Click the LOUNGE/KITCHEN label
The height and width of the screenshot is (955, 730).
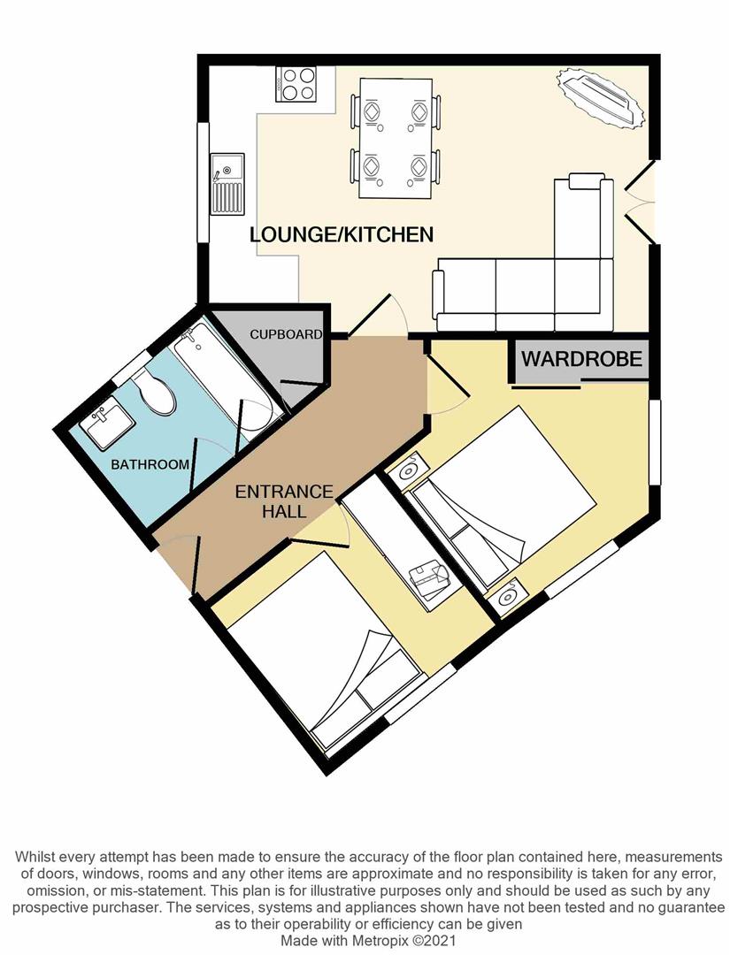tap(341, 234)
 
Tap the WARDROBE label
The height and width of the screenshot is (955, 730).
tap(580, 360)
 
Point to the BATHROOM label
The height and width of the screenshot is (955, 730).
tap(150, 464)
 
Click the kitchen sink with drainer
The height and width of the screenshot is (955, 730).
tap(227, 184)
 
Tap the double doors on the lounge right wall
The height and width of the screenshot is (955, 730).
tap(644, 202)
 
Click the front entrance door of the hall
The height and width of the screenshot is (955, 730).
tap(177, 566)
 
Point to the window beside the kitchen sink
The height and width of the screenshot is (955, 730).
tap(203, 181)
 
